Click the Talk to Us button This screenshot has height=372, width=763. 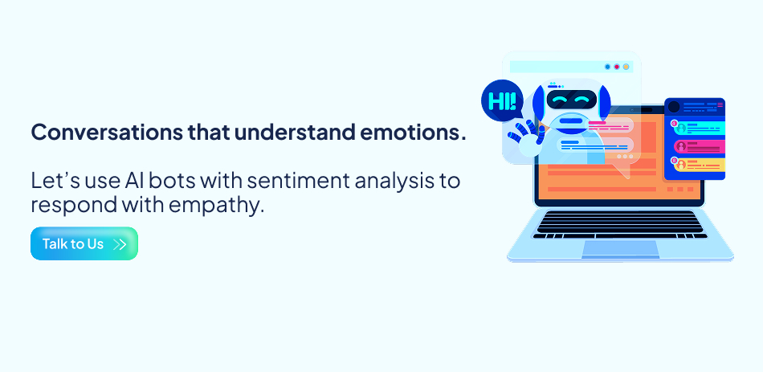click(x=84, y=243)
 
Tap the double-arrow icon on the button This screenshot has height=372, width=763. click(x=120, y=244)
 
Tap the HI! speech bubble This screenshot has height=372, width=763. click(x=502, y=102)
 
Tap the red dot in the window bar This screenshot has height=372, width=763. click(x=616, y=67)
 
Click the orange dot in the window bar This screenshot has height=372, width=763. click(x=626, y=67)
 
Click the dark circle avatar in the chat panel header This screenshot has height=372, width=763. click(x=674, y=106)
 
